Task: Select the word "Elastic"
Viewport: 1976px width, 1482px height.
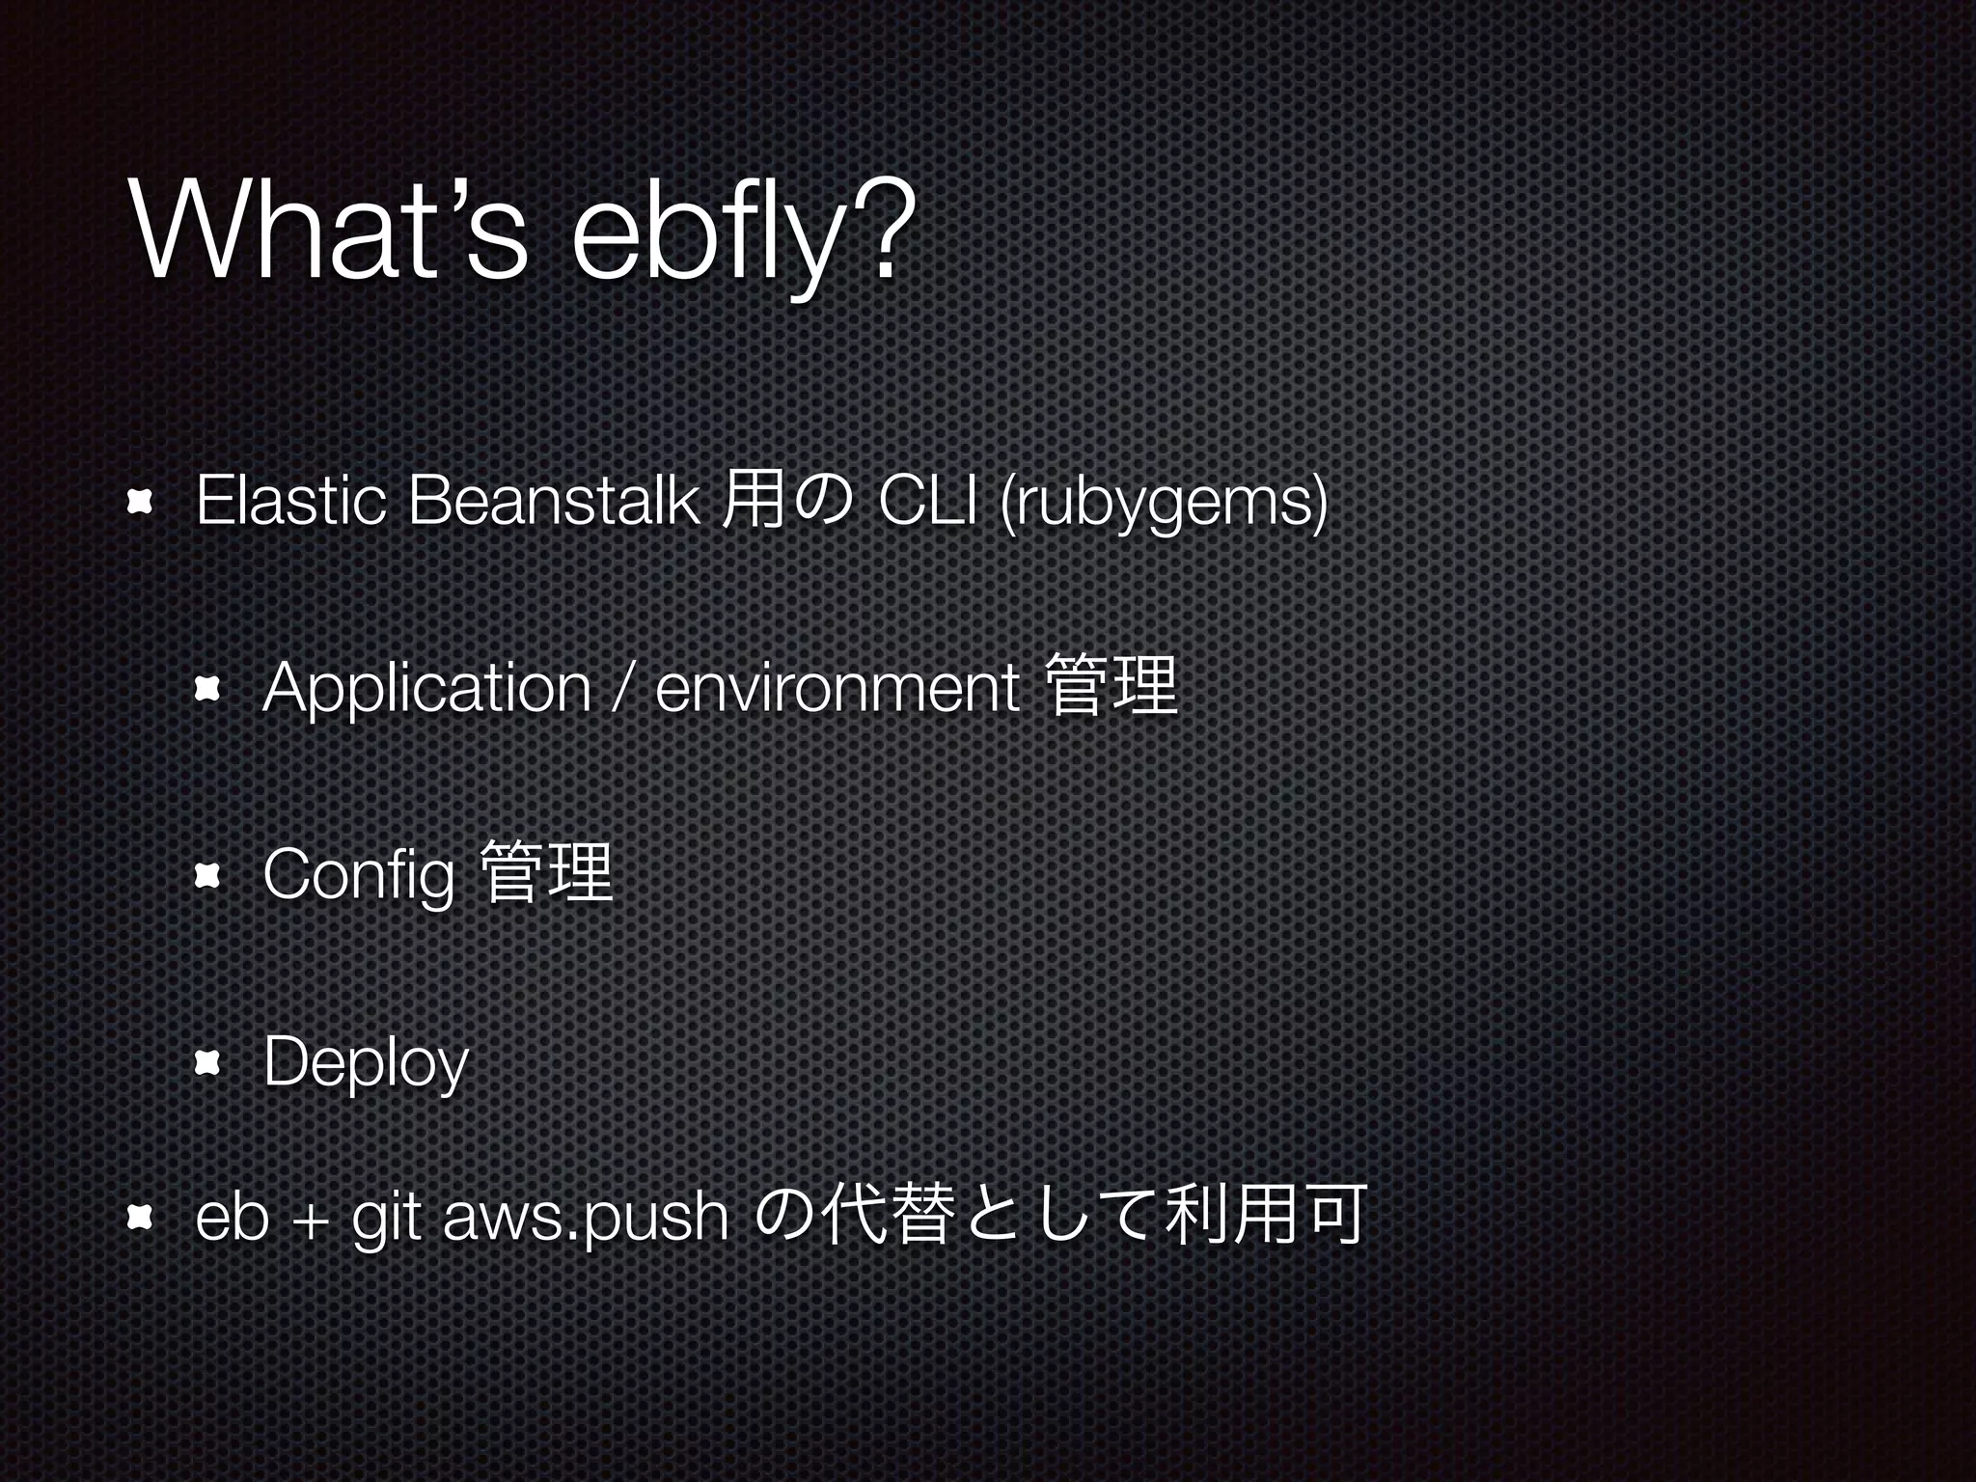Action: pos(290,502)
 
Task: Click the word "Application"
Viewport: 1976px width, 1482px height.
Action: pos(426,688)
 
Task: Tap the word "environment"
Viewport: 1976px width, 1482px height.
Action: pos(837,689)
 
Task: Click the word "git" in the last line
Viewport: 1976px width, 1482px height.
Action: pos(385,1219)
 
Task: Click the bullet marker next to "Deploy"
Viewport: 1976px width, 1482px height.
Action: pos(207,1063)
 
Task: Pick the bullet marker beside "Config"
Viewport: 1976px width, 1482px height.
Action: pos(207,876)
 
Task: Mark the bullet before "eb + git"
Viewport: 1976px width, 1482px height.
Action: pos(141,1219)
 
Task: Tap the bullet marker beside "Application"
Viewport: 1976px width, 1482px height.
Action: pos(207,689)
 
